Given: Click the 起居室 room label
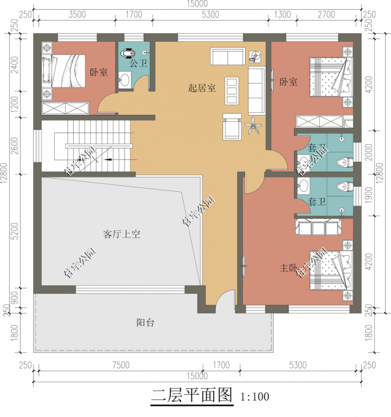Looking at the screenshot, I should pos(201,87).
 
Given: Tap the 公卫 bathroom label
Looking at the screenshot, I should pos(138,63).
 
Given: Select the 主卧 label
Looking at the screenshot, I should pos(289,268).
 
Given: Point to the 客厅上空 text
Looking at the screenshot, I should pos(122,234).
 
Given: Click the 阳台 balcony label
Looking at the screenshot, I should pos(145,322).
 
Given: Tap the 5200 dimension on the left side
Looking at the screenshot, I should pos(14,232).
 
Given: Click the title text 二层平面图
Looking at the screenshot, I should pos(192,395).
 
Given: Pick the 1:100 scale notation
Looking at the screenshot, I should pos(255,396).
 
